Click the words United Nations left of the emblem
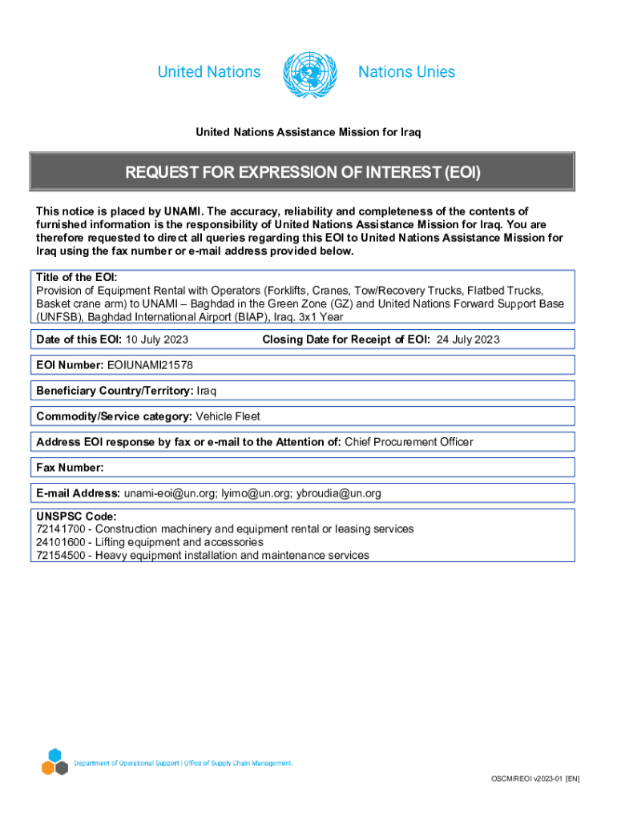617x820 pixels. pyautogui.click(x=209, y=72)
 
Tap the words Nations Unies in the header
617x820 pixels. pyautogui.click(x=406, y=72)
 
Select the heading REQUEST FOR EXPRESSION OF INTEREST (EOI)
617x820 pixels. pyautogui.click(x=302, y=172)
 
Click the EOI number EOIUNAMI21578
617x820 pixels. pyautogui.click(x=150, y=365)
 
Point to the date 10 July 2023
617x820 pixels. pyautogui.click(x=157, y=340)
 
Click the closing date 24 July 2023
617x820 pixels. pyautogui.click(x=467, y=340)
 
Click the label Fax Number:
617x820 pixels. pyautogui.click(x=71, y=467)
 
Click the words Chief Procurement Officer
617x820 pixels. pyautogui.click(x=409, y=442)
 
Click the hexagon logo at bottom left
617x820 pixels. pyautogui.click(x=54, y=762)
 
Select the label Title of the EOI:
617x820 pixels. pyautogui.click(x=77, y=277)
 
